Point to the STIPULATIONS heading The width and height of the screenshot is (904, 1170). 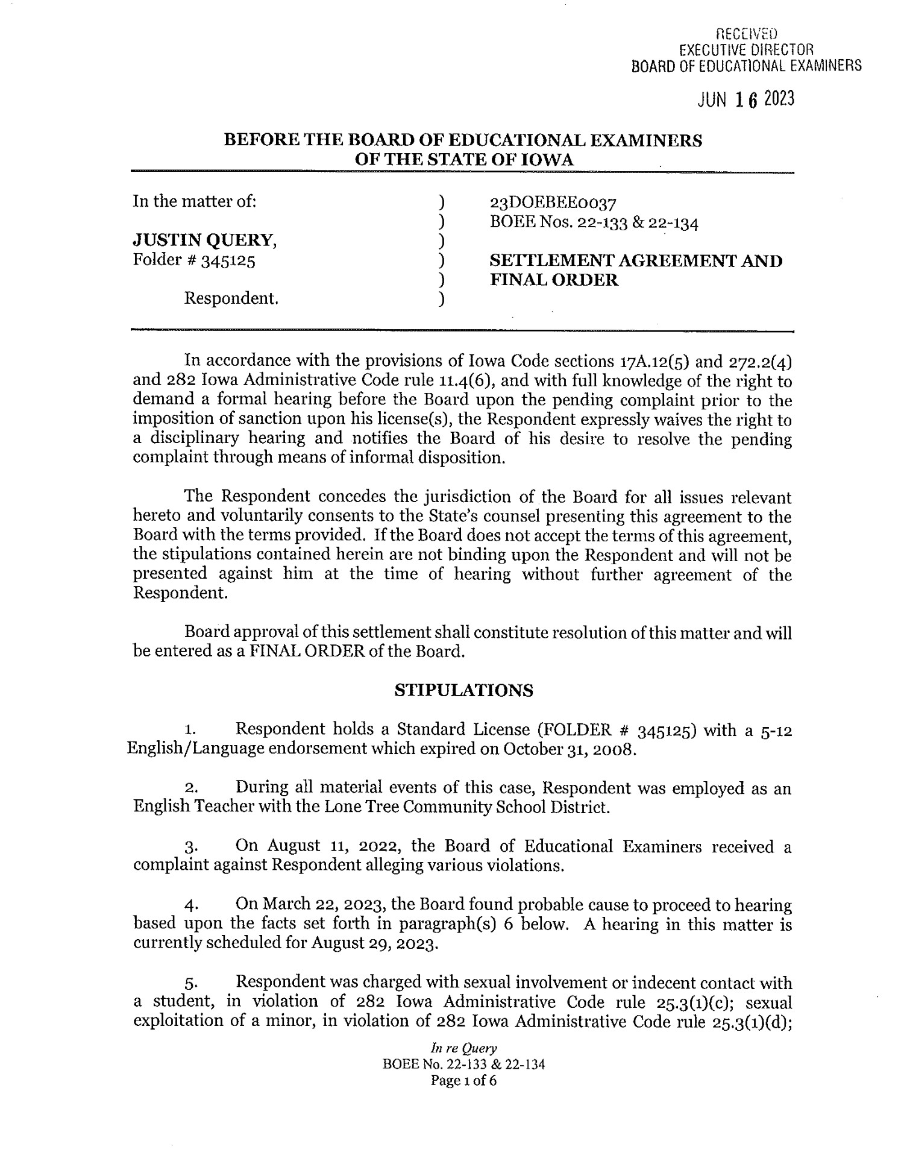pos(463,690)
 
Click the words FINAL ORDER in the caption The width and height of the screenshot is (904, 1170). pos(553,280)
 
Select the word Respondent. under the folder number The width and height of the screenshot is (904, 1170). pos(231,298)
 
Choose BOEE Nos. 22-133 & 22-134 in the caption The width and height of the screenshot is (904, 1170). pos(594,222)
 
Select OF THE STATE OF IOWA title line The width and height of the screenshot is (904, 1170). pos(463,160)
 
